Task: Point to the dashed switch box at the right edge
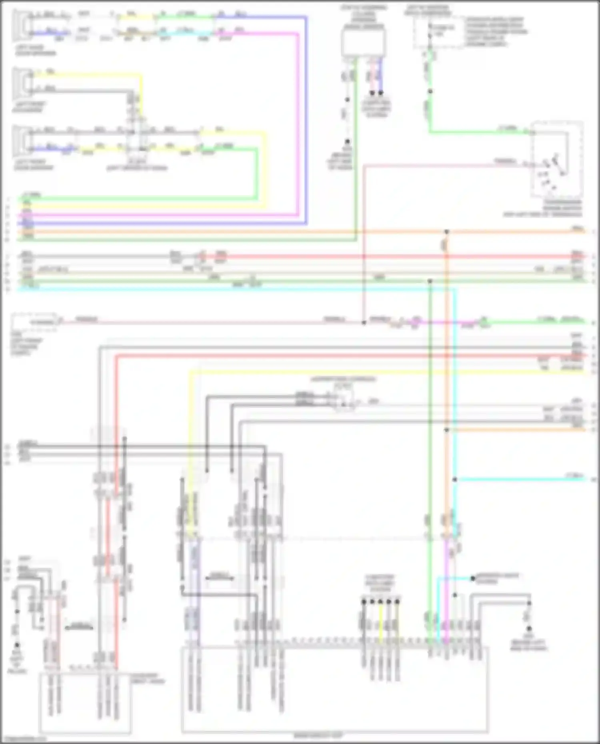tap(557, 160)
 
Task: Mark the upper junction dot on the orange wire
tap(447, 232)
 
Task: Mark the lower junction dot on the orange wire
tap(447, 430)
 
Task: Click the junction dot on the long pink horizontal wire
tap(364, 322)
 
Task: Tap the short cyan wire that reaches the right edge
tap(520, 479)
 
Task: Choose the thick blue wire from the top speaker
tap(306, 120)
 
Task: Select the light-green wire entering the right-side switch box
tap(480, 132)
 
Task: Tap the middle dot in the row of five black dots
tap(380, 601)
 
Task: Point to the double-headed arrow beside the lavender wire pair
tap(220, 578)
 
